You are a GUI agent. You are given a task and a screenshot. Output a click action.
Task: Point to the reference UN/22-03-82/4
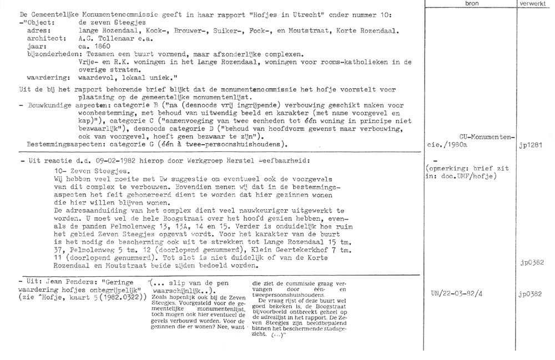[x=455, y=293]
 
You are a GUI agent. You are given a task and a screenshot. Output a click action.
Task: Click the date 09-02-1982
[x=115, y=160]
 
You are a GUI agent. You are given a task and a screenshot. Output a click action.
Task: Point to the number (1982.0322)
[x=119, y=299]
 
